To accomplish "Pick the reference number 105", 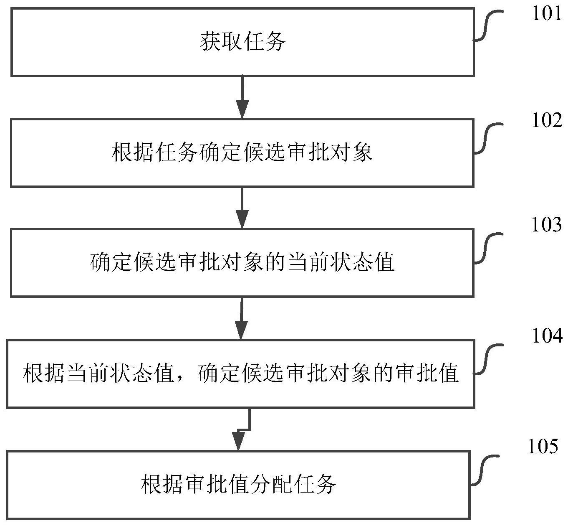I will click(543, 447).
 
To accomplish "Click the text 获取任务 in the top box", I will click(242, 42).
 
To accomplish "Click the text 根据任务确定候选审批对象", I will click(242, 152).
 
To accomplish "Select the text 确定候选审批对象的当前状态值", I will click(242, 263).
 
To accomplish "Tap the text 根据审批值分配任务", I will click(239, 485).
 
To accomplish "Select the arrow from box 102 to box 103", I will click(242, 208).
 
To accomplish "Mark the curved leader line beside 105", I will click(484, 470).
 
